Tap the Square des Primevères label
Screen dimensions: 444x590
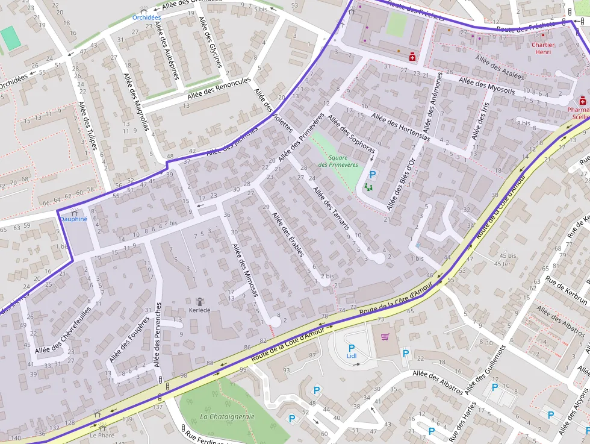pos(338,161)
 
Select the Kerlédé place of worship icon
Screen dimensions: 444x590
pos(200,301)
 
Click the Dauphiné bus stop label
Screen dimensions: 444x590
pos(73,219)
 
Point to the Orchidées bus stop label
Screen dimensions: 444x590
pos(146,17)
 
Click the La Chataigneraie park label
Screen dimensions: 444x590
pos(228,416)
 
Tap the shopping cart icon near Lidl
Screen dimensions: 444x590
pos(385,337)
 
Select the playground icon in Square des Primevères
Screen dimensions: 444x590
pos(369,187)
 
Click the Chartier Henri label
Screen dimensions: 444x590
pos(543,48)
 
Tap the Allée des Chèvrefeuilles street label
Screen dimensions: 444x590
pos(63,330)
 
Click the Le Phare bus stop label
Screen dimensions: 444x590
pos(102,434)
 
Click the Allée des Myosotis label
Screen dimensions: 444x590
pos(486,87)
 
